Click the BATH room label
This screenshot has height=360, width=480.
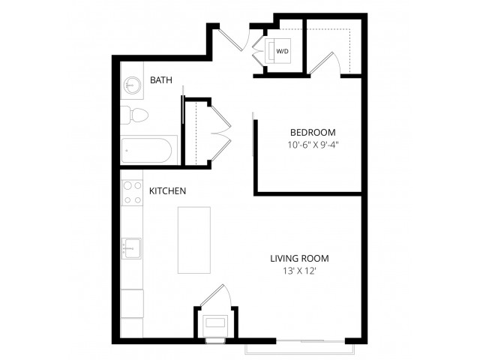(161, 80)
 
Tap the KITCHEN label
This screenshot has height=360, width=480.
(167, 191)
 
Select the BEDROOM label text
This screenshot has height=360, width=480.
(313, 133)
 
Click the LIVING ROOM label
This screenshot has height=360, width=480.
(299, 258)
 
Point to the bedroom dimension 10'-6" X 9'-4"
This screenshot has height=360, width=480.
(313, 145)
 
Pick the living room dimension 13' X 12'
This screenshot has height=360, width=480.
(299, 271)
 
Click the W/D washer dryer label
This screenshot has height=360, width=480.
(282, 52)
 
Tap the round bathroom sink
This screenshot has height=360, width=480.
(132, 84)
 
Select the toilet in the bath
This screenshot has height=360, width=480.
(134, 115)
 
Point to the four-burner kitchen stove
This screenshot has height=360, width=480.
(133, 193)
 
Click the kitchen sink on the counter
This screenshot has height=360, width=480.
(132, 248)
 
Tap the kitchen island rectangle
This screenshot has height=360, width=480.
(194, 240)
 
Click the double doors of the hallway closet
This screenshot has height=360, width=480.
(220, 133)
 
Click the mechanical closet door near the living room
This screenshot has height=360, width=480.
(217, 295)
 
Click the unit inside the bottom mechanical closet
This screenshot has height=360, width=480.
(216, 323)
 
